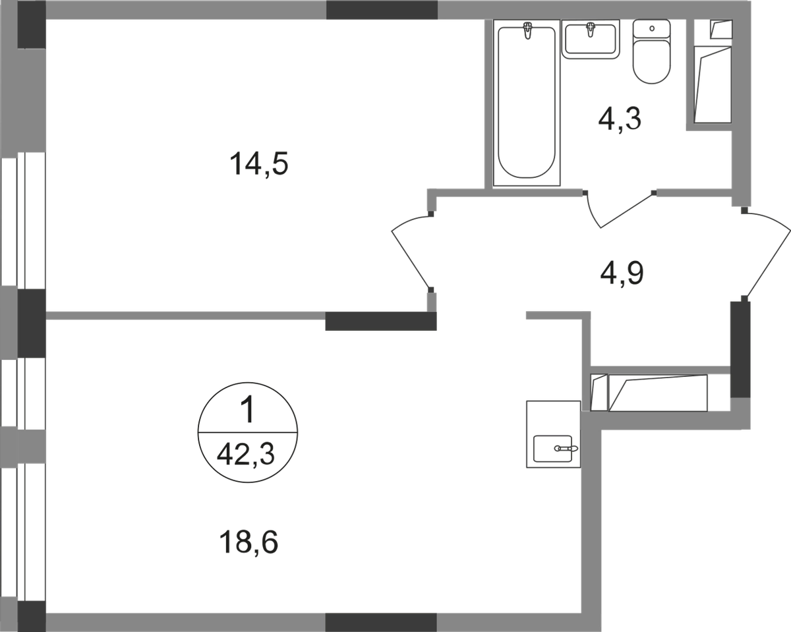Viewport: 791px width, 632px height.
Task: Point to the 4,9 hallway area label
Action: (x=622, y=270)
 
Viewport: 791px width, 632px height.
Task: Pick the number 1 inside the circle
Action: (x=247, y=413)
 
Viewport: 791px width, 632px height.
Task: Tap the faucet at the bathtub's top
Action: (x=527, y=30)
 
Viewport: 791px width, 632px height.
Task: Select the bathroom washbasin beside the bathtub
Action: (x=591, y=39)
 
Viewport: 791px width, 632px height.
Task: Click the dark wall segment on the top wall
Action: (x=382, y=10)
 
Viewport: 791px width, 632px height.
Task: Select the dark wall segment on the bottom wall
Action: (x=382, y=621)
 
